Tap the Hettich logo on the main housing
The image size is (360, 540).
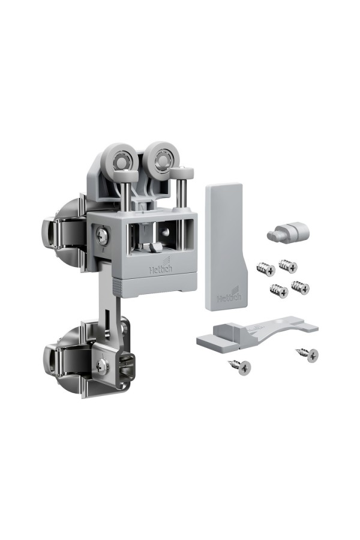pyautogui.click(x=161, y=268)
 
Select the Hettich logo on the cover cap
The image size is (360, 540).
pyautogui.click(x=229, y=295)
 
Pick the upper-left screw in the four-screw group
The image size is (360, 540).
pyautogui.click(x=266, y=268)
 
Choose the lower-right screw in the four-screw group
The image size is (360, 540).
pyautogui.click(x=300, y=287)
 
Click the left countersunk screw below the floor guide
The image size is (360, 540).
pyautogui.click(x=240, y=367)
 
